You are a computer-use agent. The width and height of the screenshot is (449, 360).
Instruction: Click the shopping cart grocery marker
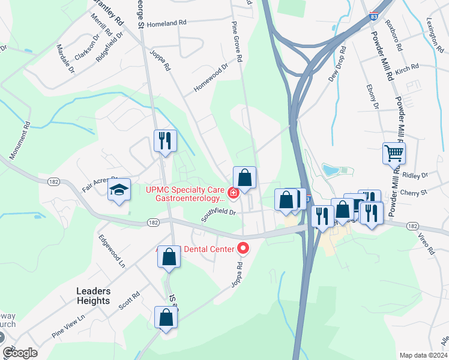394,154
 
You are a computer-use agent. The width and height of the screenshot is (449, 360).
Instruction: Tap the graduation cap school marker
119,190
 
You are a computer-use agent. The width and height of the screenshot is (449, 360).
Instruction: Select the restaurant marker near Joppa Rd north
165,141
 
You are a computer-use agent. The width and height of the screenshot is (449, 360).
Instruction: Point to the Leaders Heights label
93,296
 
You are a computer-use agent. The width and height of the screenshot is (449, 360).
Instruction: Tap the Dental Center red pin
244,247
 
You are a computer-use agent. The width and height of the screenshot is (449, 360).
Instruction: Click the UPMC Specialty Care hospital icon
232,193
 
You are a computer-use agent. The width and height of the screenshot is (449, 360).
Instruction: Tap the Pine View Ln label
68,326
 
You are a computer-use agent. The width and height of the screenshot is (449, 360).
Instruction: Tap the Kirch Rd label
406,70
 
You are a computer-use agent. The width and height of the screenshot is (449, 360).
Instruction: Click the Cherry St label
415,193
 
